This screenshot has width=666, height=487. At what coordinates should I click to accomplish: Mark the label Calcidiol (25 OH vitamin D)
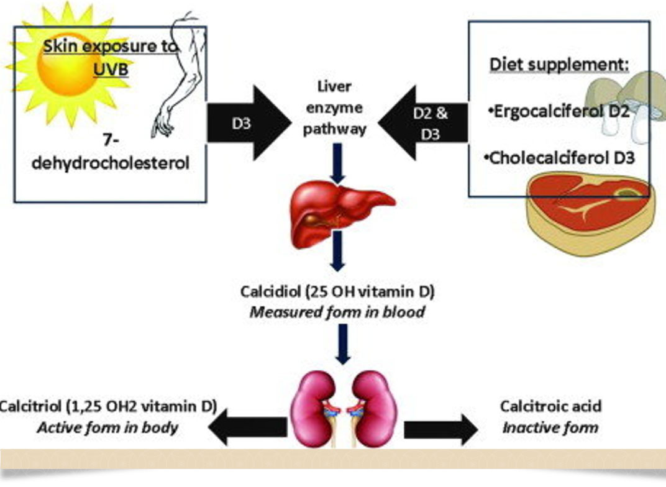click(x=337, y=291)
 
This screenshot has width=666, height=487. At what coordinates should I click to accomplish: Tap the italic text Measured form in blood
click(x=337, y=311)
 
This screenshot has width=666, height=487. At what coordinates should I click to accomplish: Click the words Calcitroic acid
click(x=550, y=407)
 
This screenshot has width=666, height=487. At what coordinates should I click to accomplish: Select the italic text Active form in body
click(x=107, y=427)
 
